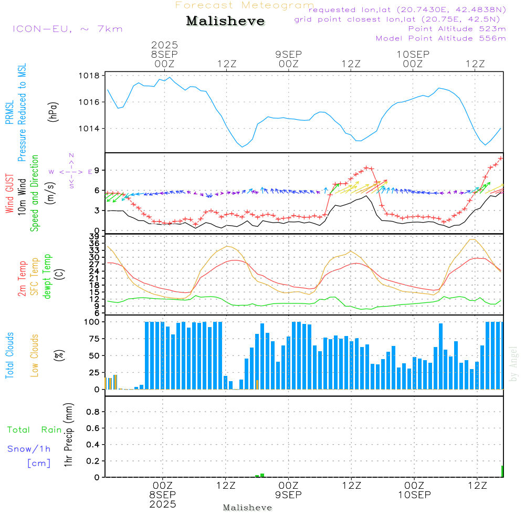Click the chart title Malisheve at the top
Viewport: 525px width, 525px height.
(225, 21)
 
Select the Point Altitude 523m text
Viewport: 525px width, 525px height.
(457, 29)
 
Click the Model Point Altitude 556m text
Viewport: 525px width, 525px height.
(441, 38)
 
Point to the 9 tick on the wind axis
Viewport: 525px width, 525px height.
(97, 170)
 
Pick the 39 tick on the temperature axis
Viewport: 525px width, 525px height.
(94, 237)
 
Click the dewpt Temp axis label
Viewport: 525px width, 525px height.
(47, 277)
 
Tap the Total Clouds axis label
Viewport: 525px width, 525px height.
(10, 355)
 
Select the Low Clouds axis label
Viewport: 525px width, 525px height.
(35, 355)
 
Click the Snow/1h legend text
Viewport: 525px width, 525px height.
(29, 449)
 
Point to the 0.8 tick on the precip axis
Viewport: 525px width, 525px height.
(93, 412)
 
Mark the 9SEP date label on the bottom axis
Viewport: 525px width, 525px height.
(288, 495)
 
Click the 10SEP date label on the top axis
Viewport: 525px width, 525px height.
(413, 54)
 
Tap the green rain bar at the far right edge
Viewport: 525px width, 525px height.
(502, 471)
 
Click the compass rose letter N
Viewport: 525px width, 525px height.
(71, 155)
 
